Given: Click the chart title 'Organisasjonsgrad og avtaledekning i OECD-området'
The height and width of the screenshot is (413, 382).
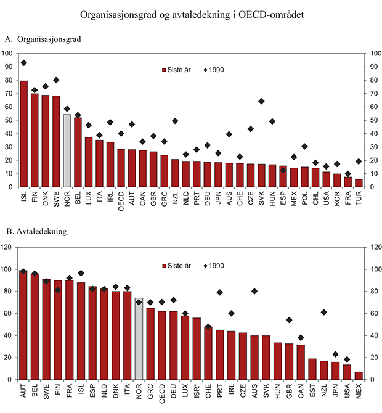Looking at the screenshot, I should pos(190,12).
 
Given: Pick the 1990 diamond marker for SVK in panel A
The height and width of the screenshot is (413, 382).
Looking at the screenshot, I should pos(261,101).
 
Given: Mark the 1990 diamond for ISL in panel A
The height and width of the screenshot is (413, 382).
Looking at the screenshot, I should pos(24,63).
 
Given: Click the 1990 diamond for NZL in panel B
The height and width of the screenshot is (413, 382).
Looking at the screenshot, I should pos(324,312).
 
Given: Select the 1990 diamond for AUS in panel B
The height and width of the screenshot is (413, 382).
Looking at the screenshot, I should pos(254,291).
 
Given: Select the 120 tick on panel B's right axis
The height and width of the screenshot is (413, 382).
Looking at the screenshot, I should pos(372,247).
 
